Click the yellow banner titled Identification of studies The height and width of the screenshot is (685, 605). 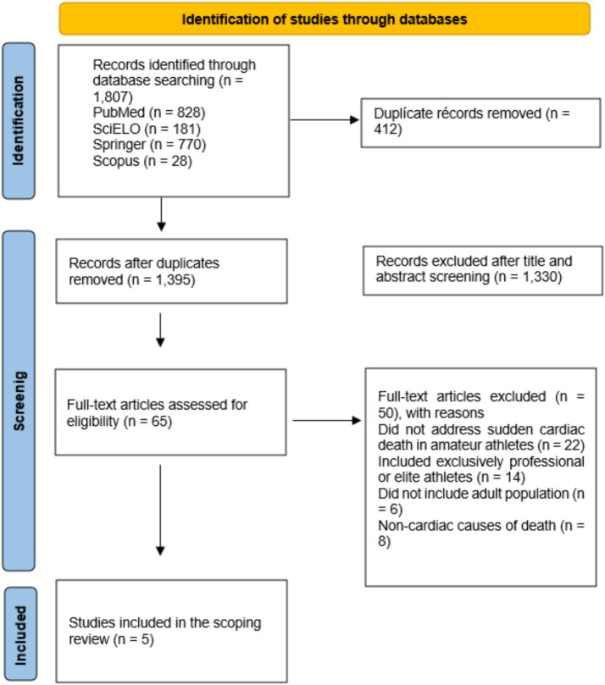325,19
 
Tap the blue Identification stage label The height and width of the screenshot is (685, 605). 19,120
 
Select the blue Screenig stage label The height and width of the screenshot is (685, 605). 19,401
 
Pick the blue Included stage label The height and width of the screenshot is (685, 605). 20,635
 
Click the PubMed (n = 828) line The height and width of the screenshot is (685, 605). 149,113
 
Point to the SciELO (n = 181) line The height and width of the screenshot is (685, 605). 147,129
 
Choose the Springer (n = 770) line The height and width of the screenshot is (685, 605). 149,145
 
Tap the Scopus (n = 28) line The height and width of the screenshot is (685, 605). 142,161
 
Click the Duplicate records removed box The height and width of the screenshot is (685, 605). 480,123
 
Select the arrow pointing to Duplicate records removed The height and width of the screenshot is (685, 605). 325,119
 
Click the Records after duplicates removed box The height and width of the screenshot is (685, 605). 171,271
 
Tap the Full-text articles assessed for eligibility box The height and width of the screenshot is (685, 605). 170,412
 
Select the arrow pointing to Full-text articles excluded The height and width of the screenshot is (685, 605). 326,420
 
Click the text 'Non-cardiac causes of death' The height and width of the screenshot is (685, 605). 467,525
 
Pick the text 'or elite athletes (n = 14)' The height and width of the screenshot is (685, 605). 452,477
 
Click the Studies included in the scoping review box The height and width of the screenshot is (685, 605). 171,631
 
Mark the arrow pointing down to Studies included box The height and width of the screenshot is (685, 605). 160,511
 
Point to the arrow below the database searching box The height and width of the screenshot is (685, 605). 161,214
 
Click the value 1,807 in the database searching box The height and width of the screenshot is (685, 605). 113,97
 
